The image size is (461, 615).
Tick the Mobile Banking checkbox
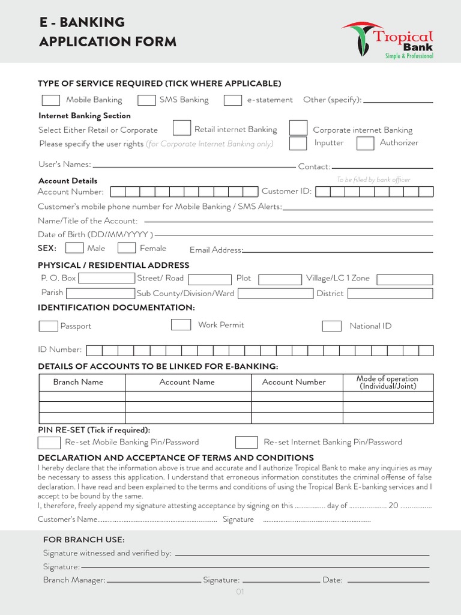coord(51,100)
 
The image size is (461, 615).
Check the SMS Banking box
coord(146,100)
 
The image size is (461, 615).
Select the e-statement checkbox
coord(233,100)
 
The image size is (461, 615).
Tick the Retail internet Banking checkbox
coord(182,128)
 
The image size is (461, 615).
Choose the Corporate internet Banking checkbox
coord(298,128)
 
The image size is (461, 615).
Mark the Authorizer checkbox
coord(366,144)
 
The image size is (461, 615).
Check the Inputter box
coord(298,144)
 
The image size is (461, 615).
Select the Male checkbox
coord(74,248)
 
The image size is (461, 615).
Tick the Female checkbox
coord(127,248)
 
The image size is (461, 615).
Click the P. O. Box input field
coord(107,279)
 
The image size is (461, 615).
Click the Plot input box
coord(280,279)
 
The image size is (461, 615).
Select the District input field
coord(390,294)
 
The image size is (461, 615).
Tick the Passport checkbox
coord(48,326)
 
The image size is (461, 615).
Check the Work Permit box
coord(181,325)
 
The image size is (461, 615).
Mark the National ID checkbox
coord(332,326)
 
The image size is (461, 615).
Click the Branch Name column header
coord(78,382)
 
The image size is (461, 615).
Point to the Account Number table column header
coord(294,382)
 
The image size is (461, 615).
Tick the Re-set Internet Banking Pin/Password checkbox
coord(246,443)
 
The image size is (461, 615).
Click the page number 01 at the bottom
coord(240,592)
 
